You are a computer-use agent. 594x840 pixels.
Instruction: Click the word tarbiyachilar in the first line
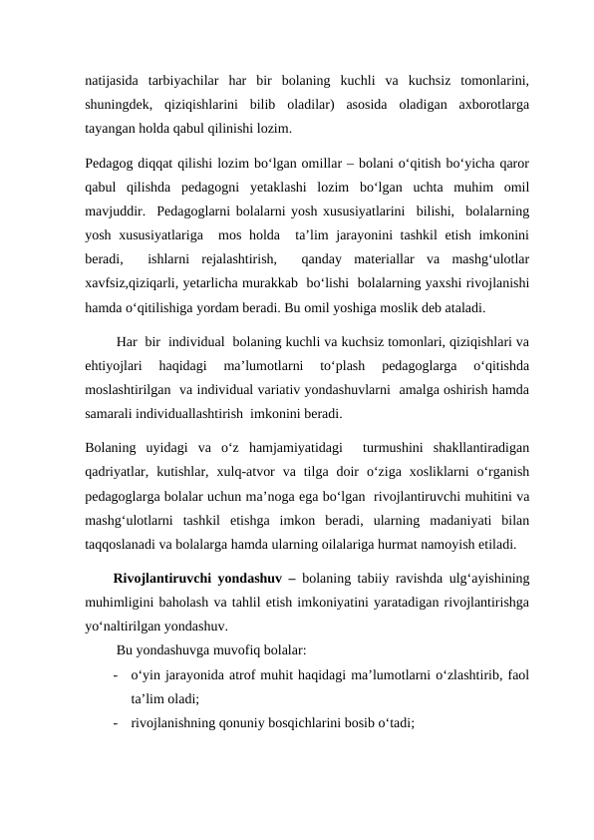point(182,79)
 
